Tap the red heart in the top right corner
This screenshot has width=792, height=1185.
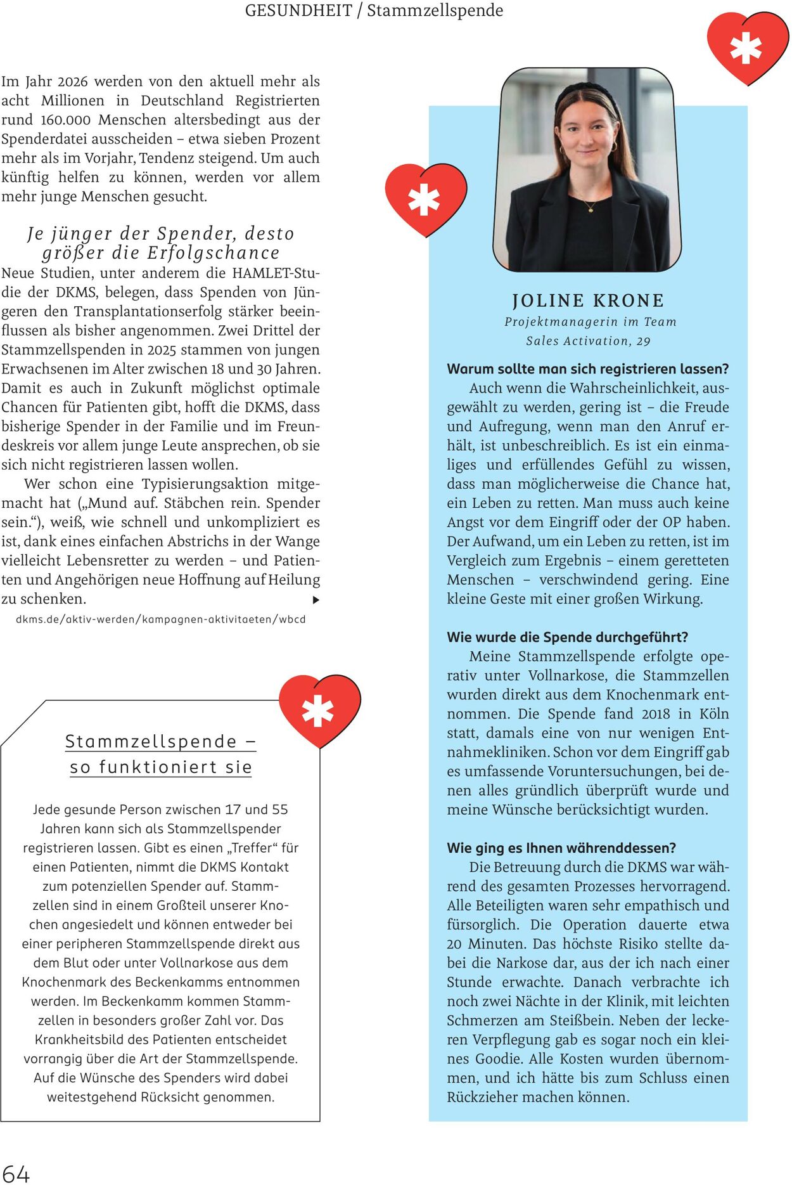coord(748,48)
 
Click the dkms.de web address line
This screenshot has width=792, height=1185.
coord(161,619)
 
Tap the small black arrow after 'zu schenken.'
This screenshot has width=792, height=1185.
coord(316,600)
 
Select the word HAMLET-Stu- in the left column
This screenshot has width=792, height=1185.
coord(276,273)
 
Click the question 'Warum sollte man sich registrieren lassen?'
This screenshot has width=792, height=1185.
coord(588,369)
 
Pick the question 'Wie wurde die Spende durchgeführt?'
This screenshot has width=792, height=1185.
coord(567,637)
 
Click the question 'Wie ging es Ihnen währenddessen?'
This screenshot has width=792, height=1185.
coord(561,848)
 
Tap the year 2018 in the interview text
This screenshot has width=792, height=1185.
coord(656,714)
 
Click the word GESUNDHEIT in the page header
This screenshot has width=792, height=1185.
coord(298,11)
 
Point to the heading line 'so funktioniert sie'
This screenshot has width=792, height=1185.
coord(161,767)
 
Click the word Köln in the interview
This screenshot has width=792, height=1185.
coord(714,714)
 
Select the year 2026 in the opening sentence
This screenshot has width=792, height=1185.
coord(73,82)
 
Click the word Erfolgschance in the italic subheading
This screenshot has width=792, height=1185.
coord(214,253)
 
